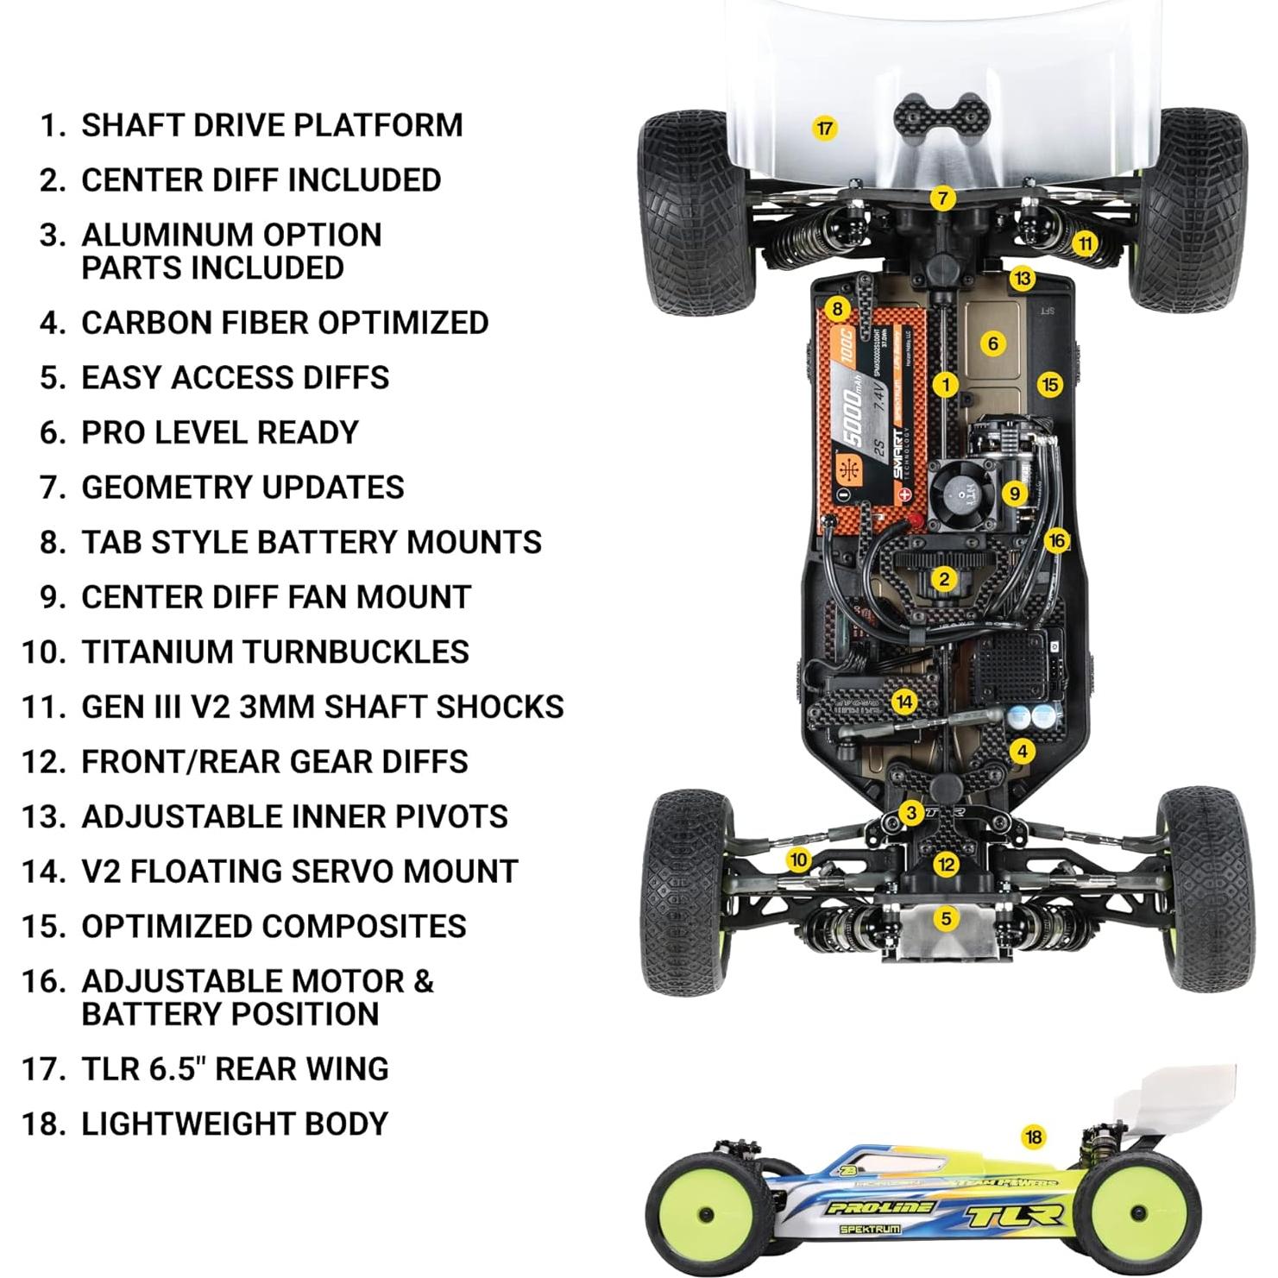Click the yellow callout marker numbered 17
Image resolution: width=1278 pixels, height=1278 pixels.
point(825,129)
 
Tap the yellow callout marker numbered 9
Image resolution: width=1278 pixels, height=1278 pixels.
point(1014,494)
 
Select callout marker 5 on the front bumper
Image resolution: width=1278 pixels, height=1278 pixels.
point(946,917)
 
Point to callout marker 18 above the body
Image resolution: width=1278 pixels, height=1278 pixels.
point(1033,1137)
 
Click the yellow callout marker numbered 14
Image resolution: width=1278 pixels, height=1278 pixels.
point(903,702)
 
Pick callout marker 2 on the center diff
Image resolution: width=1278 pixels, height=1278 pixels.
point(944,579)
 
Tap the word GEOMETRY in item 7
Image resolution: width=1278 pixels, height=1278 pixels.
point(161,488)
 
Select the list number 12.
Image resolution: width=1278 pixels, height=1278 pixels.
point(44,761)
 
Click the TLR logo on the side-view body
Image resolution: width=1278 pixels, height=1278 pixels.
point(1012,1216)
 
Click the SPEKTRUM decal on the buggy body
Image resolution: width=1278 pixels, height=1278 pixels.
point(870,1228)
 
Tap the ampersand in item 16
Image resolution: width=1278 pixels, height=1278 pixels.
point(423,981)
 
